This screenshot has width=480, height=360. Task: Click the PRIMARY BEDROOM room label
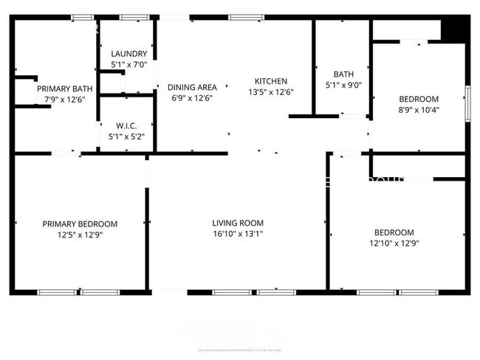click(80, 224)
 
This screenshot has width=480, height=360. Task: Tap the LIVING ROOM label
click(238, 223)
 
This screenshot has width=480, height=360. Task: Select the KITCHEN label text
click(271, 81)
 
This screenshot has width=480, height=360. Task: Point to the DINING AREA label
click(192, 86)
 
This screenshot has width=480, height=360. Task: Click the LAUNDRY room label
click(129, 54)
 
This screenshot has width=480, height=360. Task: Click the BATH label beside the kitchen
click(343, 74)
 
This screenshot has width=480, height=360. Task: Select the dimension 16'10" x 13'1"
click(238, 234)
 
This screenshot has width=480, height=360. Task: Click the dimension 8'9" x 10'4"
click(419, 110)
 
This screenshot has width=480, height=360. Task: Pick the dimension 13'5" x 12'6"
click(271, 92)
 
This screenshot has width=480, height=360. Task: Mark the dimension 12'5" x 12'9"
click(80, 235)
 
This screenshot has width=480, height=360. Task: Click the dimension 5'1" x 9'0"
click(343, 84)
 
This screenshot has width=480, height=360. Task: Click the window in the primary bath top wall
click(82, 17)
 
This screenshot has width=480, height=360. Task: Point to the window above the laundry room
click(134, 17)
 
